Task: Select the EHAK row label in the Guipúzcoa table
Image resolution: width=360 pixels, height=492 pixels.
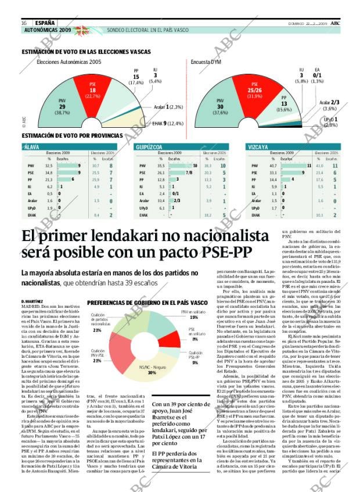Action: (x=143, y=214)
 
